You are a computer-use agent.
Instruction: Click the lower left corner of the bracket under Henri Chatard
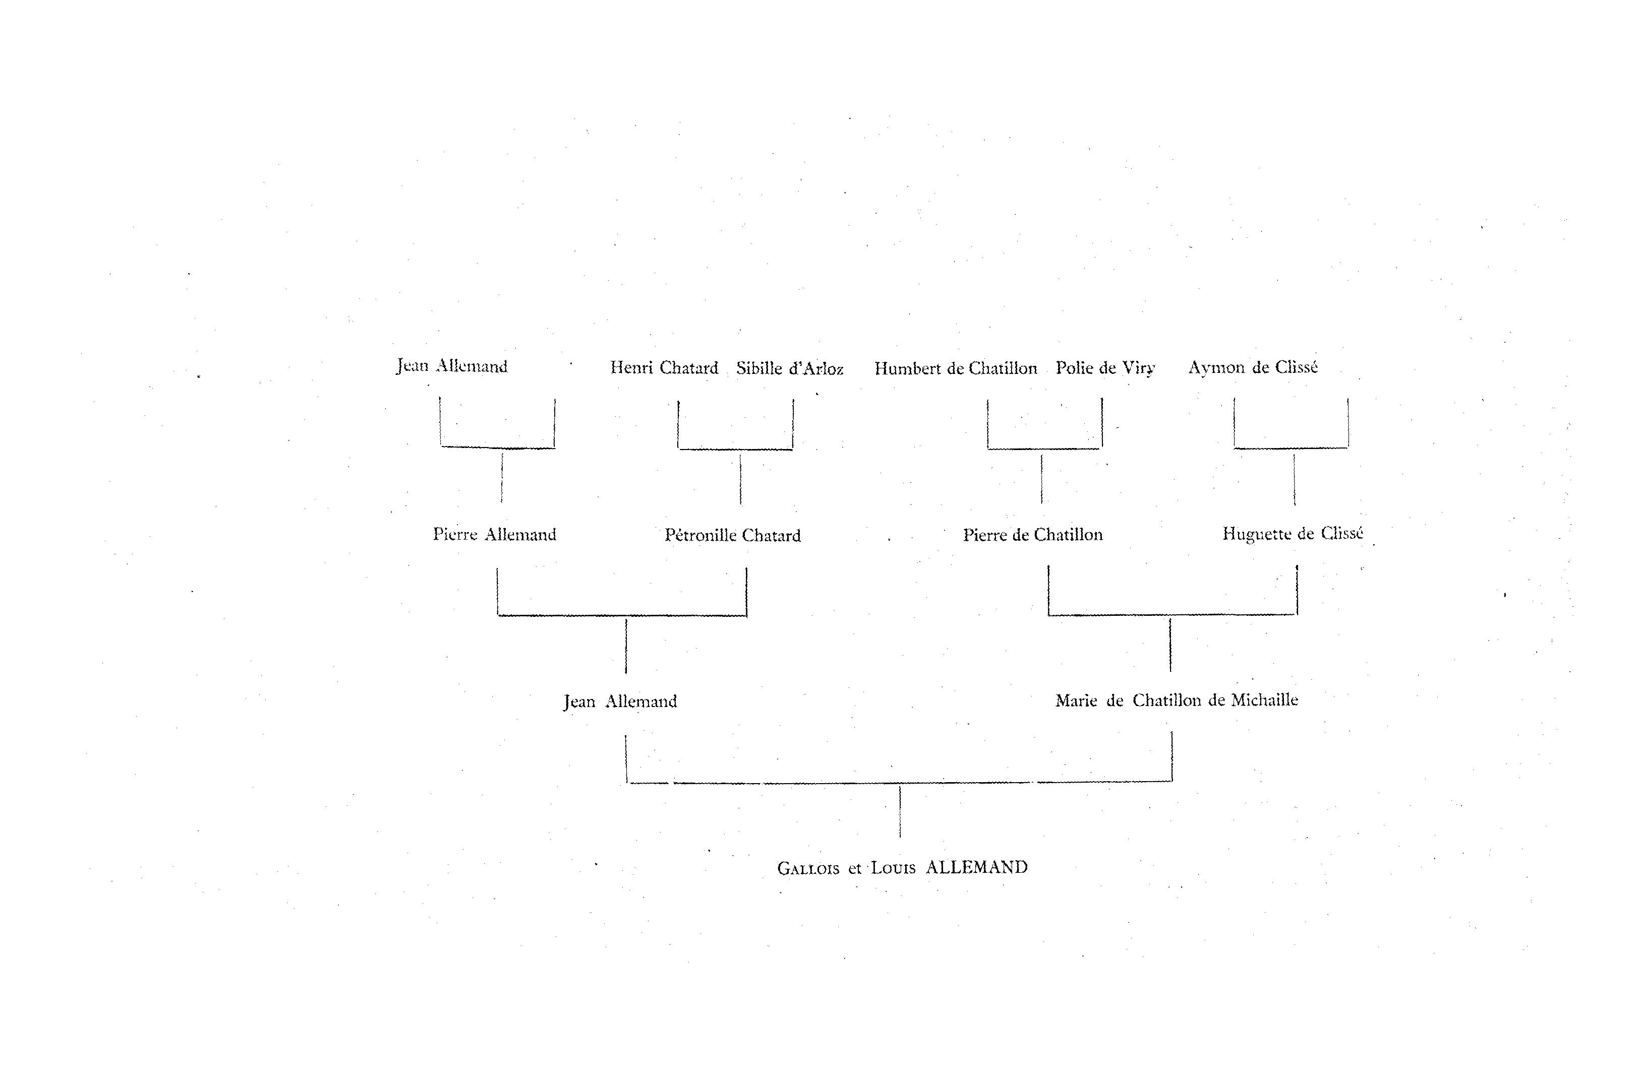coord(678,449)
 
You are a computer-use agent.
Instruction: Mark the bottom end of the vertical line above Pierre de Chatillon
coord(1041,503)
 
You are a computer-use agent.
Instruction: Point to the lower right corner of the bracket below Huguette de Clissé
coord(1297,614)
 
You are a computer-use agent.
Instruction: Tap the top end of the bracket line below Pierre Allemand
coord(497,568)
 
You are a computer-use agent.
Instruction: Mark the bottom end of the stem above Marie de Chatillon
coord(1171,671)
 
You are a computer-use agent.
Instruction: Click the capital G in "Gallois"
coord(784,868)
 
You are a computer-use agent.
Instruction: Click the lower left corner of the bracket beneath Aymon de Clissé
coord(1235,448)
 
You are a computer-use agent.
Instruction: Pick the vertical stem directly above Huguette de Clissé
coord(1295,479)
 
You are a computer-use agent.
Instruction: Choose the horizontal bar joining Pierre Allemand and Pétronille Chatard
coord(622,615)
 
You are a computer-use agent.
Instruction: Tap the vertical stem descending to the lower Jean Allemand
coord(626,646)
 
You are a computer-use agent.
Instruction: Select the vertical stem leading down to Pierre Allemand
coord(502,477)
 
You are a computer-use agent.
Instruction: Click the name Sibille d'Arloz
coord(790,368)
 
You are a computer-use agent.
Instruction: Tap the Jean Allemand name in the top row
coord(452,366)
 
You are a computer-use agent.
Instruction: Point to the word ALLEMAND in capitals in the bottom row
coord(977,867)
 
